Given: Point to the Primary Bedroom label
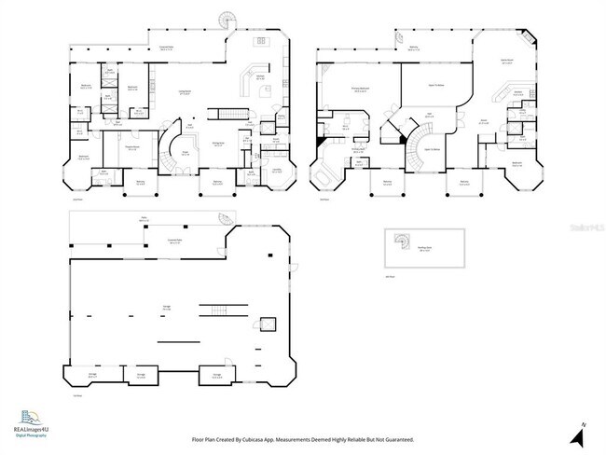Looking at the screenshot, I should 357,90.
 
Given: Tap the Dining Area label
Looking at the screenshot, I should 220,143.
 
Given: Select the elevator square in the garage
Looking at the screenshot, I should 268,324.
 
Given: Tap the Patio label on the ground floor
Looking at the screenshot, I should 145,220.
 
